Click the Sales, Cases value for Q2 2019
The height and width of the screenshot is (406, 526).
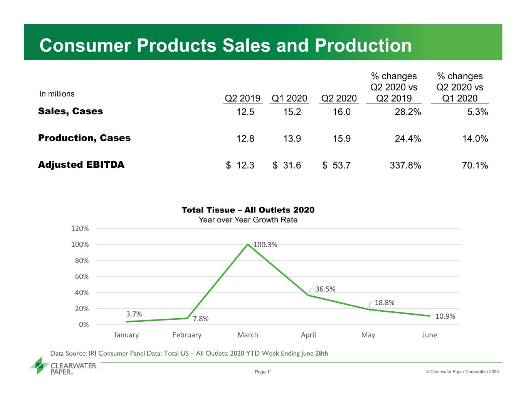(x=245, y=112)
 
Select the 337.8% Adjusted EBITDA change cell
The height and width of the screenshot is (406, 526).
(x=405, y=165)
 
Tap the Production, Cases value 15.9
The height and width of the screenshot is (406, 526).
(x=341, y=139)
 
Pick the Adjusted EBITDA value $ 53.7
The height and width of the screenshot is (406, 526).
(x=336, y=165)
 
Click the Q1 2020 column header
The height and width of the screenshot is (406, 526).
(x=289, y=99)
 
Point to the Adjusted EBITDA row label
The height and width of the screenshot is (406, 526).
(x=81, y=165)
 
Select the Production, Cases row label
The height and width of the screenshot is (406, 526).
(x=84, y=138)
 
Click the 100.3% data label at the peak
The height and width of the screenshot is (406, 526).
(x=265, y=245)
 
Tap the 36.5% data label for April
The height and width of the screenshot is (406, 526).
(x=325, y=289)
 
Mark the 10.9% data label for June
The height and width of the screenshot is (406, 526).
(x=445, y=316)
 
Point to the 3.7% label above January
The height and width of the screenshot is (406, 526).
(x=134, y=314)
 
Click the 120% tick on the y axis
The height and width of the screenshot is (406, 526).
(x=80, y=228)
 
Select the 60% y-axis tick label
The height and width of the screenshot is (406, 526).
(x=82, y=276)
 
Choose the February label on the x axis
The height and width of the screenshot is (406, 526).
(x=187, y=335)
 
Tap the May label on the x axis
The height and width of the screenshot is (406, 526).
(x=368, y=335)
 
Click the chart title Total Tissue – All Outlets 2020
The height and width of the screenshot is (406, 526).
(x=248, y=210)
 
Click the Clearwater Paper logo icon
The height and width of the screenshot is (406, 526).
(x=39, y=366)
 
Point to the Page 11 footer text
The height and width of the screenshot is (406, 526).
(x=263, y=372)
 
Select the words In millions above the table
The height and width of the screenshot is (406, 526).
(x=57, y=94)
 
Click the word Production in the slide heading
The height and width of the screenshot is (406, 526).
(x=363, y=45)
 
